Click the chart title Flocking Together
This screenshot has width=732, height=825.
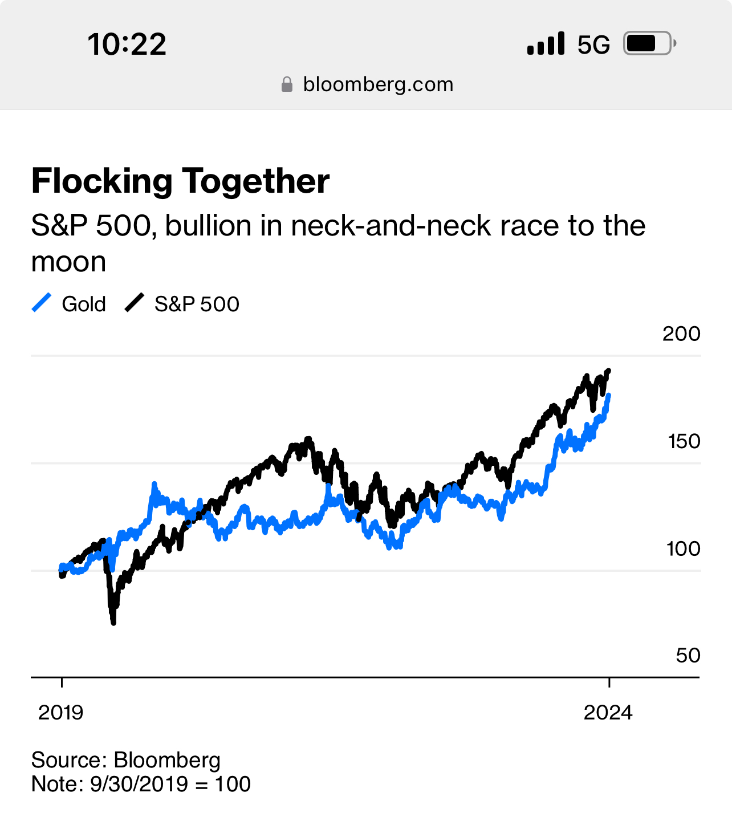pos(180,181)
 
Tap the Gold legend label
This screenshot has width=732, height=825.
pos(84,304)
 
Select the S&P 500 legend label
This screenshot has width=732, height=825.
pos(197,304)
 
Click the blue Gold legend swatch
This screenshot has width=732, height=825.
pos(42,303)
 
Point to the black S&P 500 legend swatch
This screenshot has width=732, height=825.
pos(135,303)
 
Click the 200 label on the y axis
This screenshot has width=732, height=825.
pos(681,334)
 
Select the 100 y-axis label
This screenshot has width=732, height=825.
pos(683,548)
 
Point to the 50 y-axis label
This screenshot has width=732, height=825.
pos(688,656)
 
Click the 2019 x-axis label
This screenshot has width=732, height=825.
pos(60,712)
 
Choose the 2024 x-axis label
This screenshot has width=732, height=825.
pos(608,712)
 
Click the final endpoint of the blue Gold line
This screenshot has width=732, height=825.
pos(609,395)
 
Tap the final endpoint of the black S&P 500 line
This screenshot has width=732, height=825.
pos(609,371)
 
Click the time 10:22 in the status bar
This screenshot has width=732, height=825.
pos(127,44)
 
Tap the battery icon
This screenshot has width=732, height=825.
pos(649,43)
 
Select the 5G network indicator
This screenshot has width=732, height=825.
pos(593,44)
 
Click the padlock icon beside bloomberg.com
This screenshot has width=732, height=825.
pos(287,85)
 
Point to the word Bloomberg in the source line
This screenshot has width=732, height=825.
pos(167,760)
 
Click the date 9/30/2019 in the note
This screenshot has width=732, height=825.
pos(139,784)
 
